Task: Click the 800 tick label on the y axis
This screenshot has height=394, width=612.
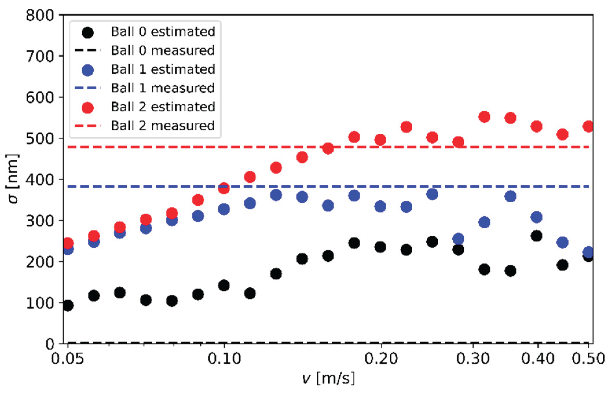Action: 40,15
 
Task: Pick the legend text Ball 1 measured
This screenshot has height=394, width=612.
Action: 162,88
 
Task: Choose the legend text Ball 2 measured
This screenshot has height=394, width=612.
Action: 162,126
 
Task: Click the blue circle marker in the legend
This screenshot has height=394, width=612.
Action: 87,70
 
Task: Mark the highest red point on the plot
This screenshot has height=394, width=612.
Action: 484,117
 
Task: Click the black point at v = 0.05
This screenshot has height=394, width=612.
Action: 68,305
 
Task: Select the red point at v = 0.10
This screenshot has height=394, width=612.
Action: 224,188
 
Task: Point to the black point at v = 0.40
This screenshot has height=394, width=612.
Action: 536,236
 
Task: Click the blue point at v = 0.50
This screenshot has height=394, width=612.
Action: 588,252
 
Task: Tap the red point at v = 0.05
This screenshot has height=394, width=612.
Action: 68,243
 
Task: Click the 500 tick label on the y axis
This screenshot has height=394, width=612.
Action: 40,138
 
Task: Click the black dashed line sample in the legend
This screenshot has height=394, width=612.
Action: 87,50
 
